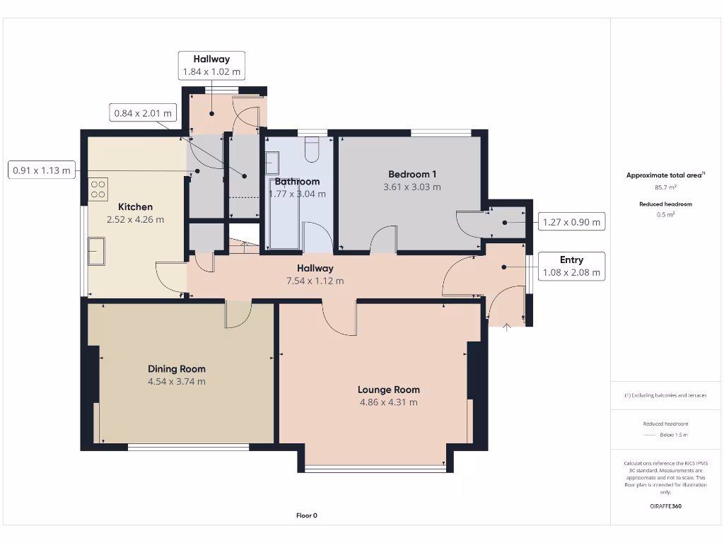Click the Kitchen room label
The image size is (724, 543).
135,206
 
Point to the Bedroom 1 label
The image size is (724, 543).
412,174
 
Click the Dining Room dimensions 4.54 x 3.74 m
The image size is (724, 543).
176,382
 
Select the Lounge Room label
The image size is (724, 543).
388,390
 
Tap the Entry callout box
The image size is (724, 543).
571,266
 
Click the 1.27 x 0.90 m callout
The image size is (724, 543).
571,222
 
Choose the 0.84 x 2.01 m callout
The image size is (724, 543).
143,112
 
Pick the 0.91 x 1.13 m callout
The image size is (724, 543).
42,170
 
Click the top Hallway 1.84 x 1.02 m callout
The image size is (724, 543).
211,65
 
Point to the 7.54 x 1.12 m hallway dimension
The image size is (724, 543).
315,281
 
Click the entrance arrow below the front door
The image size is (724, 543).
506,326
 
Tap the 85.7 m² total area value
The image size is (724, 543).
665,188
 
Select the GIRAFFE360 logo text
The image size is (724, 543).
665,506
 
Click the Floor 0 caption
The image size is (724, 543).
306,515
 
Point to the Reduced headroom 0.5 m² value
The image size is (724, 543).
665,214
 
